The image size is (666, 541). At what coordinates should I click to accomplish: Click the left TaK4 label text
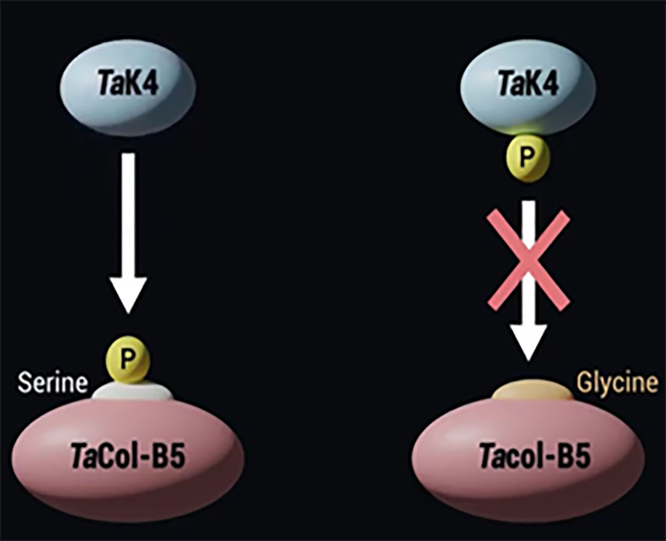click(128, 84)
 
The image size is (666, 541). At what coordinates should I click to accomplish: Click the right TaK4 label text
click(528, 83)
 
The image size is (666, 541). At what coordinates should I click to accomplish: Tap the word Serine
click(53, 383)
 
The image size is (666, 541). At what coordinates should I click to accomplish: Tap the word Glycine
click(617, 383)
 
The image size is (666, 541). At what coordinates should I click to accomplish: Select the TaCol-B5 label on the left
click(128, 457)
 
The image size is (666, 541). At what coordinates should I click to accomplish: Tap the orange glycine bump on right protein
click(532, 390)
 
